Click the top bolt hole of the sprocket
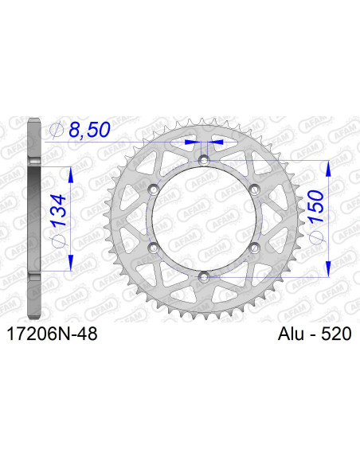coord(204,162)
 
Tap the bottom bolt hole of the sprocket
coord(204,276)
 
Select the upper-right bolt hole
coord(254,190)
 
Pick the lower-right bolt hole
coord(254,248)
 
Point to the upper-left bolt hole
coord(154,190)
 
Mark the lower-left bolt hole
coord(154,248)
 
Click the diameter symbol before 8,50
coord(57,129)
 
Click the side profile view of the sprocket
coord(33,218)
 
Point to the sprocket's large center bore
coord(204,219)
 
